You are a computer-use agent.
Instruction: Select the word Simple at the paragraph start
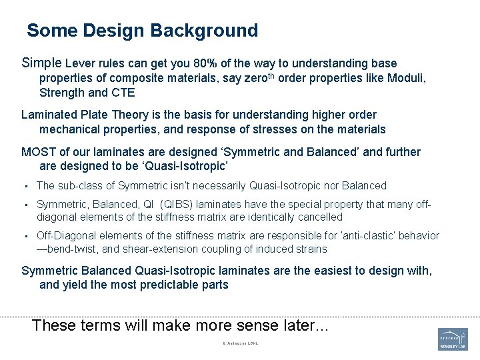tap(41, 63)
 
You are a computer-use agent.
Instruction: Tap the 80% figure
tap(204, 63)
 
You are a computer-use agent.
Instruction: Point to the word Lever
tap(80, 64)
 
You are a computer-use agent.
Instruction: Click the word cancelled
tap(319, 217)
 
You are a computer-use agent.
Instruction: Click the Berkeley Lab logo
tap(453, 339)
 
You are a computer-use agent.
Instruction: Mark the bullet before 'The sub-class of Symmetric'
tap(25, 186)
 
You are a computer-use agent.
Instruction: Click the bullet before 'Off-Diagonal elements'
tap(25, 236)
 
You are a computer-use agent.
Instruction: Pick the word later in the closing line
tap(295, 325)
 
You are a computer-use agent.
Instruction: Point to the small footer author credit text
tap(240, 343)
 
